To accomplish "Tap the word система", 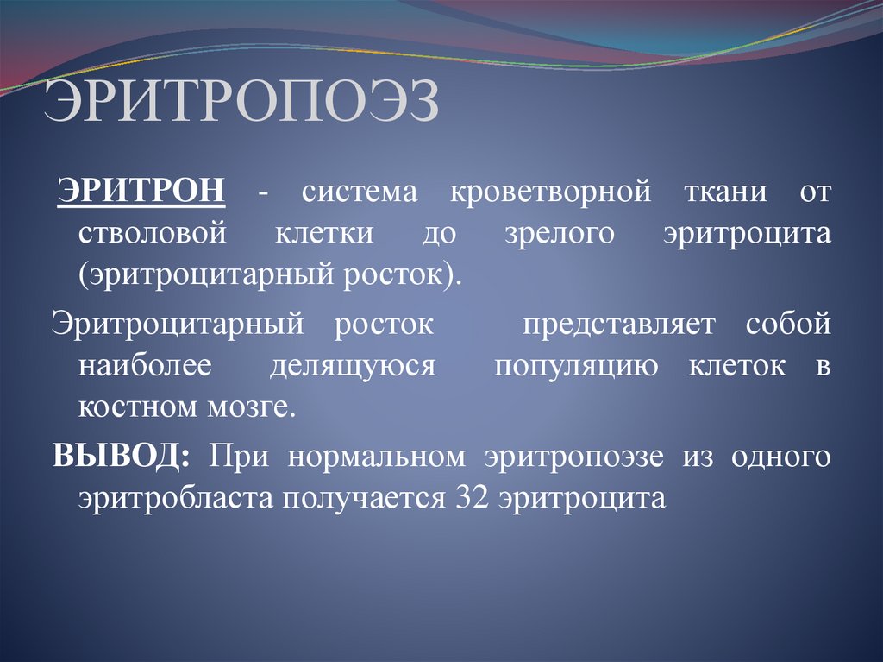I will coord(359,192).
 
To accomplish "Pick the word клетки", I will coord(324,234).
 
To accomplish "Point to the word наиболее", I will coord(144,366).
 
